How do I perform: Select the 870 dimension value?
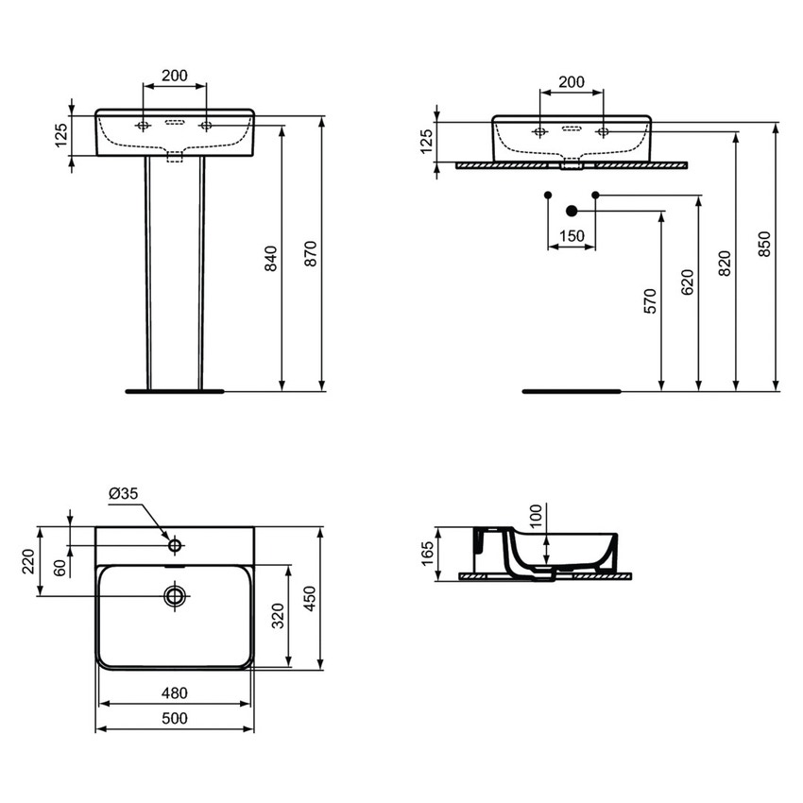point(311,253)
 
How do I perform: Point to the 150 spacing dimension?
point(572,235)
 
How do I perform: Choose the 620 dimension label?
point(687,281)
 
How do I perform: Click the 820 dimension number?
point(725,262)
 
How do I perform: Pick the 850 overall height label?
point(764,244)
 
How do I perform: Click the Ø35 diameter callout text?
point(124,493)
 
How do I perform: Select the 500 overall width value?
point(175,718)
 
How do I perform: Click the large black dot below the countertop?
point(571,210)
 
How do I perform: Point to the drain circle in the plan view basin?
point(175,595)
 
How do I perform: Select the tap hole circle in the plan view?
point(175,545)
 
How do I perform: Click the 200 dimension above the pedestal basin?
point(174,75)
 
